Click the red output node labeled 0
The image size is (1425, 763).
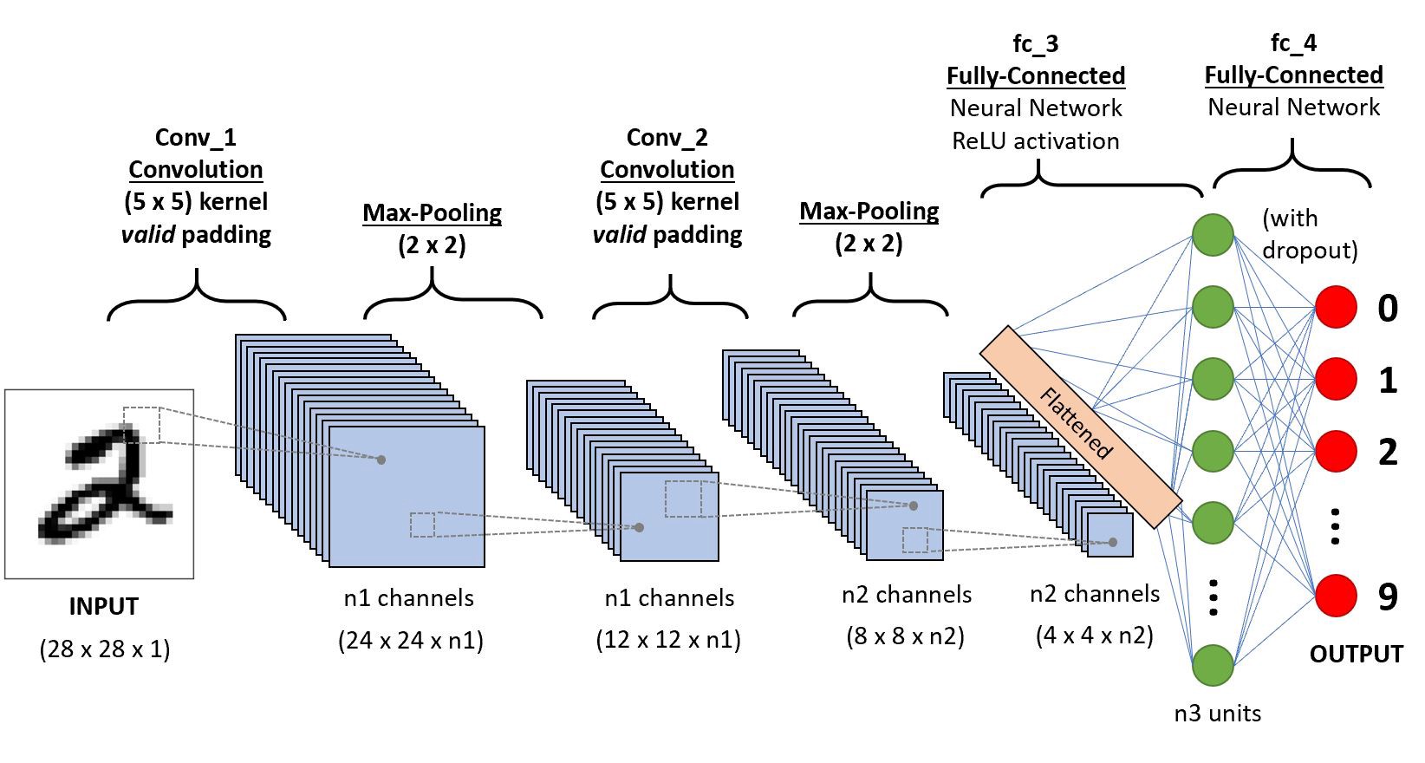click(x=1336, y=307)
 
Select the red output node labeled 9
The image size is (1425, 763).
click(x=1336, y=596)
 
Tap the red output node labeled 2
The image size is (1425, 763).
click(x=1336, y=451)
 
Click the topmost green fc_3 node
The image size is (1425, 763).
click(x=1213, y=235)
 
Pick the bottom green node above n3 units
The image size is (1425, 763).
click(x=1213, y=666)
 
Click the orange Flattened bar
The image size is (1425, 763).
click(x=1080, y=427)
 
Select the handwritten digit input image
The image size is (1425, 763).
click(x=99, y=484)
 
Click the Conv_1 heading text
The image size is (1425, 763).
click(x=195, y=137)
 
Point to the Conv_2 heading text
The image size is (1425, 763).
click(x=667, y=137)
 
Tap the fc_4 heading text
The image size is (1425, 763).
click(x=1293, y=42)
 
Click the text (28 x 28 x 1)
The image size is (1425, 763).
click(x=104, y=649)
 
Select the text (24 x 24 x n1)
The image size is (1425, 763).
click(x=410, y=640)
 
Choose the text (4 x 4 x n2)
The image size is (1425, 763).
click(x=1094, y=635)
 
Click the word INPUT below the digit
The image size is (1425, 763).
click(x=103, y=606)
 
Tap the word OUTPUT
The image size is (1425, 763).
click(x=1356, y=654)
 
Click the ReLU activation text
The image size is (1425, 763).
click(x=1035, y=141)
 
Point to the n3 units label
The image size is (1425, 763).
click(x=1217, y=713)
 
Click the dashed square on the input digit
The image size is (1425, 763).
click(x=141, y=425)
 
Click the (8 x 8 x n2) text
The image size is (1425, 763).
click(x=905, y=636)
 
